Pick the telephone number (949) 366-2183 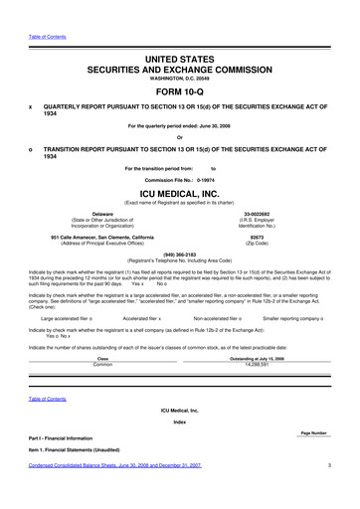[x=180, y=253]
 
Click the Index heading [x=180, y=448]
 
